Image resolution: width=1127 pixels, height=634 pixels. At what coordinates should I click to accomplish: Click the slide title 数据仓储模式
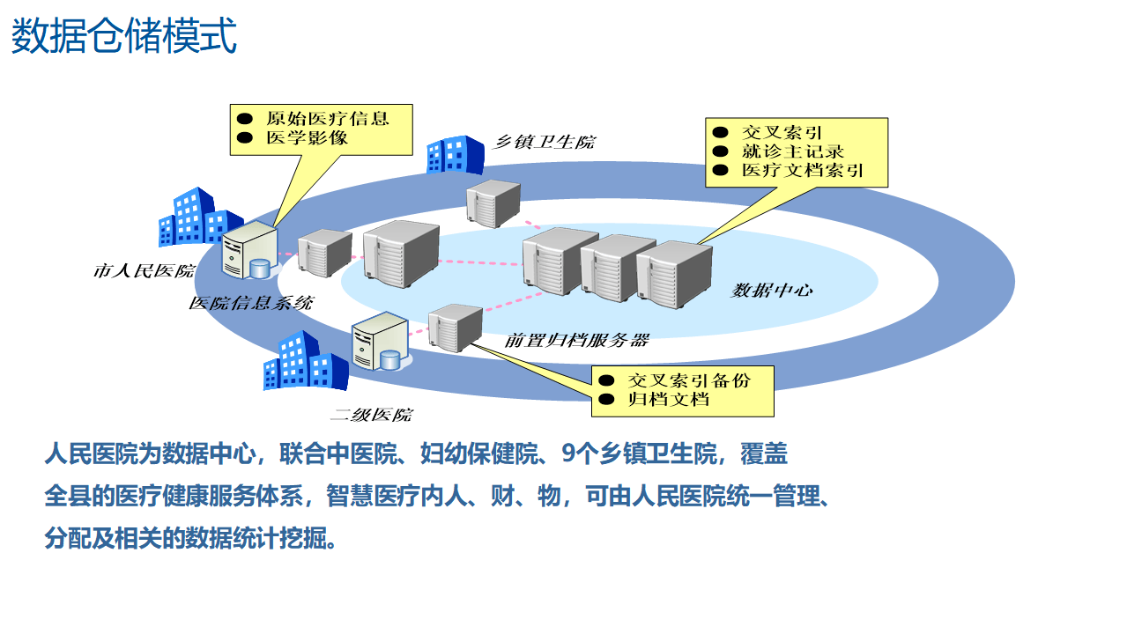(124, 38)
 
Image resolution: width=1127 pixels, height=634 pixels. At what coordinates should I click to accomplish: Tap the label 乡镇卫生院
(543, 142)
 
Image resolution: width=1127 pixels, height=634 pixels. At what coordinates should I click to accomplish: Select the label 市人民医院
(144, 271)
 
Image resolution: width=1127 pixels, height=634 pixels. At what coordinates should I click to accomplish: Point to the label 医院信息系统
(251, 304)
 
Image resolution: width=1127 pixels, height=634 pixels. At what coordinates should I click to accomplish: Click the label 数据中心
(772, 291)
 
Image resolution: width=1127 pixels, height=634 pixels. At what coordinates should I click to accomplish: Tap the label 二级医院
(371, 415)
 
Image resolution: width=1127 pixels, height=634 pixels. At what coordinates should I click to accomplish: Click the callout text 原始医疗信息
(327, 118)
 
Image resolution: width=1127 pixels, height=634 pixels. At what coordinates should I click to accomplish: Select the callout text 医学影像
(307, 138)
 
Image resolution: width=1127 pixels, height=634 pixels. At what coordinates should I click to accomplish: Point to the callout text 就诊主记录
(793, 151)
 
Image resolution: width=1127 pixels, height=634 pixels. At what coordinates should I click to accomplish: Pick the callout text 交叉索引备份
(688, 380)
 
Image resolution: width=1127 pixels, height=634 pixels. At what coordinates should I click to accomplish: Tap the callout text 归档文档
(668, 400)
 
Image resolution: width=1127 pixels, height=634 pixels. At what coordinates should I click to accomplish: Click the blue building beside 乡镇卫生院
(455, 154)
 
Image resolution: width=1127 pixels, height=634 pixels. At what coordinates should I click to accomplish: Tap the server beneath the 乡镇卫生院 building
(493, 203)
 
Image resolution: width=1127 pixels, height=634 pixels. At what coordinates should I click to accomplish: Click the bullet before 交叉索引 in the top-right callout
(721, 132)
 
